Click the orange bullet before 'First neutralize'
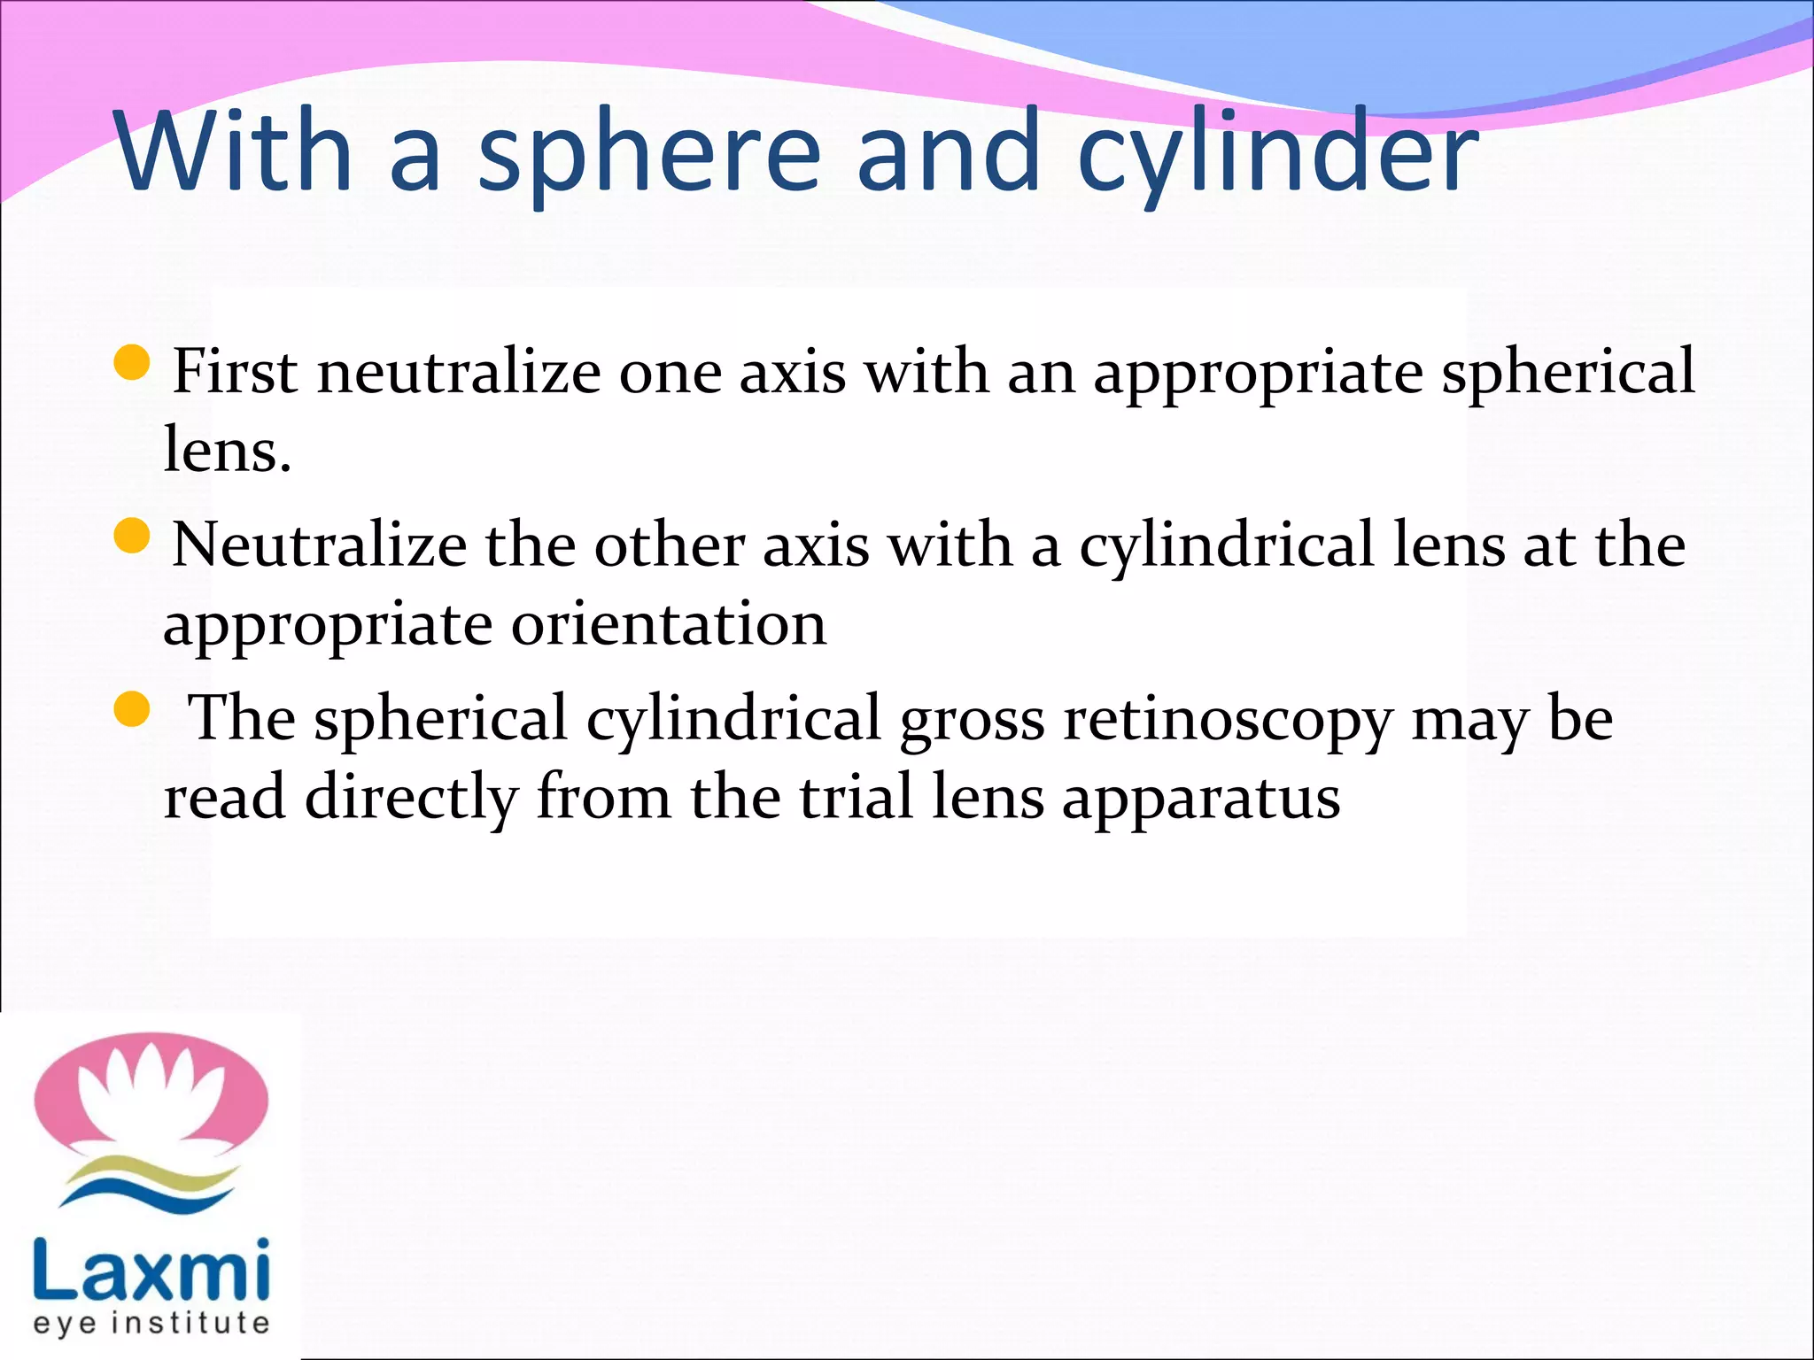pos(133,363)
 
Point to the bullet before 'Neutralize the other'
pos(133,537)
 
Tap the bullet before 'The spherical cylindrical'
pos(133,710)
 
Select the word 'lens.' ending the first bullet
pos(228,450)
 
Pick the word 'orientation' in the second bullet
pos(669,623)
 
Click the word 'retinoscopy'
pos(1228,719)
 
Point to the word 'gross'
pos(972,719)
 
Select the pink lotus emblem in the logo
pos(151,1093)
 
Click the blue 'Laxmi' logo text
pos(151,1271)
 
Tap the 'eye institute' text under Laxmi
pos(151,1323)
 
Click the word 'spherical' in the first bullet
pos(1568,372)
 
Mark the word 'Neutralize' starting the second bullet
pos(319,544)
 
